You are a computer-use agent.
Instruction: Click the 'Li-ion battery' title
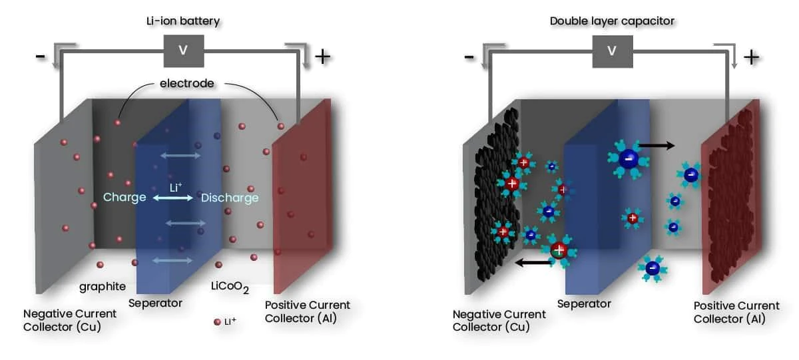pyautogui.click(x=182, y=21)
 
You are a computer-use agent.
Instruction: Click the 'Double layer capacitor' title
pyautogui.click(x=612, y=21)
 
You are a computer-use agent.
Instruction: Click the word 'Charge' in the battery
pyautogui.click(x=125, y=198)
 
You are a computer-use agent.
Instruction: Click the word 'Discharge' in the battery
pyautogui.click(x=230, y=198)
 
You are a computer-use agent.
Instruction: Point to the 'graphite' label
pyautogui.click(x=103, y=287)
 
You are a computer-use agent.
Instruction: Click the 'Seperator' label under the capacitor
pyautogui.click(x=584, y=303)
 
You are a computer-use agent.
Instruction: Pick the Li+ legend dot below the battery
pyautogui.click(x=217, y=322)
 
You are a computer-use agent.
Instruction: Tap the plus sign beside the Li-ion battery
pyautogui.click(x=322, y=57)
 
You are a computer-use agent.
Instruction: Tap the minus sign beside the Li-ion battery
pyautogui.click(x=41, y=57)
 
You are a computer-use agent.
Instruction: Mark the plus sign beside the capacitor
pyautogui.click(x=751, y=57)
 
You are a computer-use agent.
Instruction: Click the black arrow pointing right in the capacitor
pyautogui.click(x=657, y=144)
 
